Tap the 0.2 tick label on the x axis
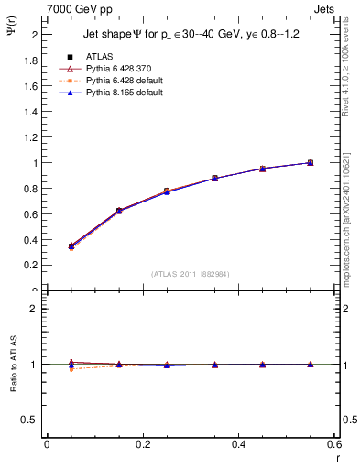[143, 444]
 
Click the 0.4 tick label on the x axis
[239, 444]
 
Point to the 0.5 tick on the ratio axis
[31, 420]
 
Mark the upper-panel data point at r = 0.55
[311, 163]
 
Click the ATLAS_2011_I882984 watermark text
[190, 274]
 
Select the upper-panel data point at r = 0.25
[167, 191]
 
